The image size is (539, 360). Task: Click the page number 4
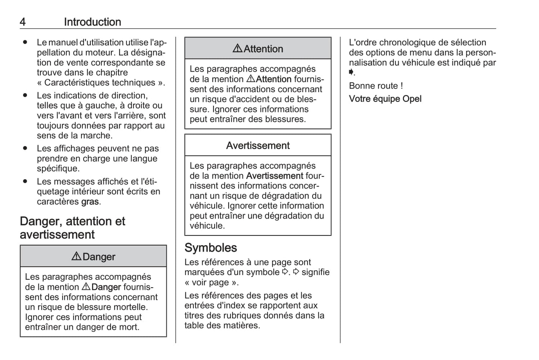tap(23, 22)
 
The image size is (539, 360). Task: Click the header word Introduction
tap(93, 22)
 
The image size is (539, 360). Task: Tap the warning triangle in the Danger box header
tap(76, 256)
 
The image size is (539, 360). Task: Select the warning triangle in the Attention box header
tap(237, 48)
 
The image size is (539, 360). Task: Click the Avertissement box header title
tap(258, 145)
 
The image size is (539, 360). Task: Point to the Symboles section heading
tap(211, 248)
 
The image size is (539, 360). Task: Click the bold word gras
tap(90, 202)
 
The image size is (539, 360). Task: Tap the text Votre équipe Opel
tap(385, 99)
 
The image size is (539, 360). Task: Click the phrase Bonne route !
tap(376, 86)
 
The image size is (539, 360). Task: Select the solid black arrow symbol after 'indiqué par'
tap(351, 72)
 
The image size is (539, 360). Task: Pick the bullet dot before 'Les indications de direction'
tap(25, 96)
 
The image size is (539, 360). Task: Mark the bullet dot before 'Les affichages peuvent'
tap(25, 148)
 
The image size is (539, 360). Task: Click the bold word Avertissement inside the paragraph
tap(275, 176)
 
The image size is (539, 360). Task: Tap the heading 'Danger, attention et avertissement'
tap(72, 228)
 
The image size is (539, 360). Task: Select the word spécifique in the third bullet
tap(57, 169)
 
